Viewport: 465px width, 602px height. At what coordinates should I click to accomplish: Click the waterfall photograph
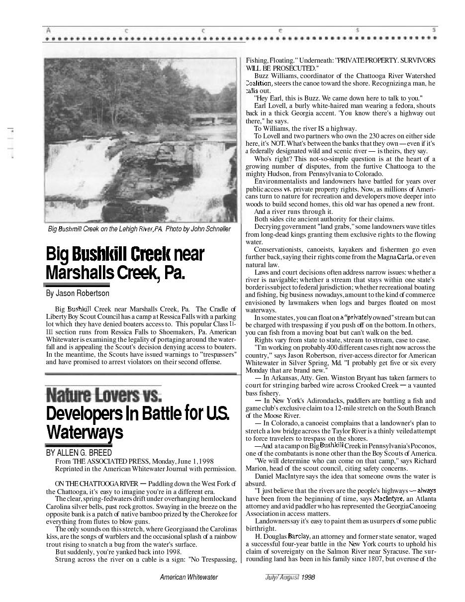(x=140, y=140)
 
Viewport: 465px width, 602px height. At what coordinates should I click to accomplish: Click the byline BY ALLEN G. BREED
(x=79, y=453)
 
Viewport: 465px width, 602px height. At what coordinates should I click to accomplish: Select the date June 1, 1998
(x=193, y=461)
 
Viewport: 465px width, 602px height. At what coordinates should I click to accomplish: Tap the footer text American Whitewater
(x=188, y=577)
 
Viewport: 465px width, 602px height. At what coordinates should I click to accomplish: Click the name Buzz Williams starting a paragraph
(x=275, y=76)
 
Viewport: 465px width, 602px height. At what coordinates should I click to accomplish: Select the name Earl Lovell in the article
(x=272, y=106)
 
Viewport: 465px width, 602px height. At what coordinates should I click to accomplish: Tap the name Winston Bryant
(x=337, y=378)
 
